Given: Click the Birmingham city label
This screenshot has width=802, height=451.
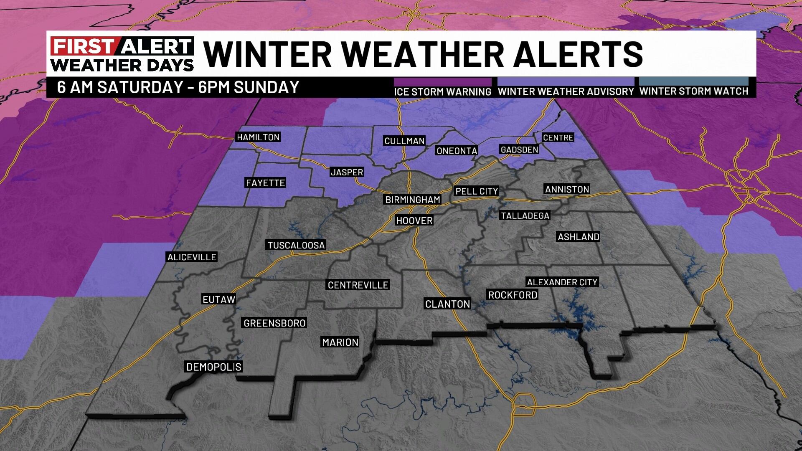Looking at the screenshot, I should click(412, 200).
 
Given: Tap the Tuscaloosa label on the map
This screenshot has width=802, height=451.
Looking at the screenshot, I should click(296, 245).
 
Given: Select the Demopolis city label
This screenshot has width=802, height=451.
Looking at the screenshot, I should click(213, 367).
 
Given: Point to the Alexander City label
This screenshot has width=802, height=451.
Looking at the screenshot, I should click(562, 282).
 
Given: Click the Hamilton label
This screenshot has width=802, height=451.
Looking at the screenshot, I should click(258, 137).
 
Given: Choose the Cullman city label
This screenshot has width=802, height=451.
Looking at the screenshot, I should click(404, 141).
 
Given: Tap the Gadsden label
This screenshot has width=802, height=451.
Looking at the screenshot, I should click(519, 149).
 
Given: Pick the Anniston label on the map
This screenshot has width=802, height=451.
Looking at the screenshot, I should click(567, 189).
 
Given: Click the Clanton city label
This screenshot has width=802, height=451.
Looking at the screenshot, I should click(447, 304).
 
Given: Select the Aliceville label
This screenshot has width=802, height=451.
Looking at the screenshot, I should click(192, 257).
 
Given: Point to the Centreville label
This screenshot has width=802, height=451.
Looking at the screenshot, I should click(358, 285).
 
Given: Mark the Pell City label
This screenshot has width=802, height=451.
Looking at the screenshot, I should click(477, 191).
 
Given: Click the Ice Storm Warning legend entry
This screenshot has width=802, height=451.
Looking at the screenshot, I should click(443, 91).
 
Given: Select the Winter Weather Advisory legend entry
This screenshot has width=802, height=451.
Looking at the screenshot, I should click(566, 91).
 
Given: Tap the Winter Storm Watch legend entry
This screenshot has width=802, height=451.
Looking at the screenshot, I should click(694, 91).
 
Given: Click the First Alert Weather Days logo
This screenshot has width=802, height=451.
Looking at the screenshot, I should click(122, 54).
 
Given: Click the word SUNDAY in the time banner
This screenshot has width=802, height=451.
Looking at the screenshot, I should click(266, 87).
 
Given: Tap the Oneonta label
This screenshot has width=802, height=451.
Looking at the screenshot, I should click(457, 151).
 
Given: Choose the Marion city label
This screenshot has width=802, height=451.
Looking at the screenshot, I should click(340, 342).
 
